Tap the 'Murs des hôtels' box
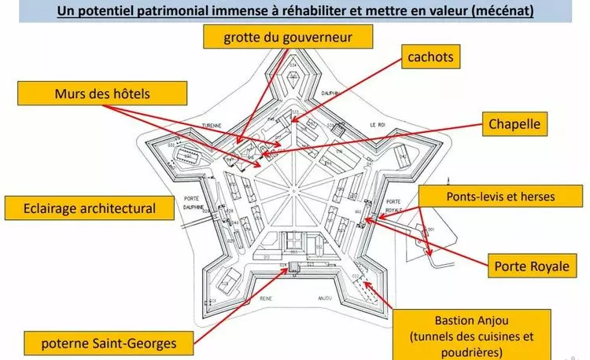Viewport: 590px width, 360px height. point(102,94)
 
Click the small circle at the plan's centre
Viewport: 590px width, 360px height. point(292,189)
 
